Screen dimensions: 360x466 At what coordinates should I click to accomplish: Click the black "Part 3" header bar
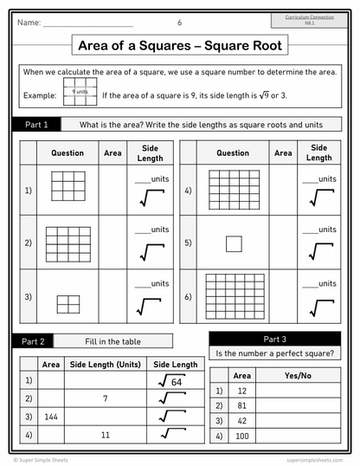click(x=279, y=338)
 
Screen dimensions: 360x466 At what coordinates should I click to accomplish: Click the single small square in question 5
click(x=234, y=243)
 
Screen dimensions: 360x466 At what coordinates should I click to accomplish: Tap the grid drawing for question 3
click(x=68, y=304)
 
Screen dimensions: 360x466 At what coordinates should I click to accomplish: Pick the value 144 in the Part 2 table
click(x=51, y=416)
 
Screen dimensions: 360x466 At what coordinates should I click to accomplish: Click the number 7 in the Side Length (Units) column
click(x=105, y=398)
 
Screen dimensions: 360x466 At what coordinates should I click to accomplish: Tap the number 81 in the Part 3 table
click(x=242, y=405)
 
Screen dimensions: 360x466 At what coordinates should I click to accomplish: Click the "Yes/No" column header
click(x=298, y=375)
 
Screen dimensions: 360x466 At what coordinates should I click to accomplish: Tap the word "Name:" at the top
click(x=29, y=23)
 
